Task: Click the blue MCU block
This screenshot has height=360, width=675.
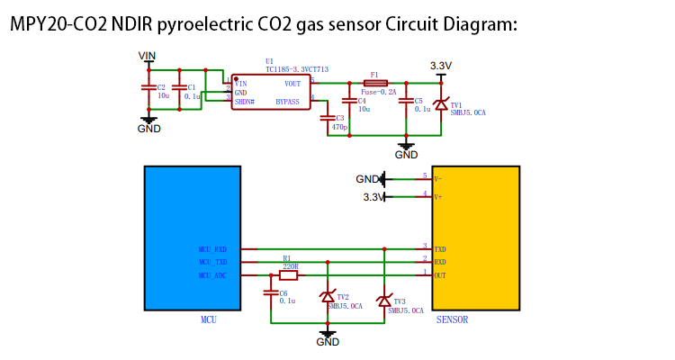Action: [x=193, y=238]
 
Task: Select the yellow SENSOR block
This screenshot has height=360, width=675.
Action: [x=476, y=238]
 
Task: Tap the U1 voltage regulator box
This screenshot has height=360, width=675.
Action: [x=271, y=92]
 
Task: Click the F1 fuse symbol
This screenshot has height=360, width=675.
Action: [x=374, y=83]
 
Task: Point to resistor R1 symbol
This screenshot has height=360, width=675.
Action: [x=288, y=275]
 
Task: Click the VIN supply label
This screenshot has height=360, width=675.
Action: [x=148, y=56]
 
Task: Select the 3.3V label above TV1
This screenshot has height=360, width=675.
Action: [x=441, y=66]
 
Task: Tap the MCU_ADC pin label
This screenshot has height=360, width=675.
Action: [x=212, y=275]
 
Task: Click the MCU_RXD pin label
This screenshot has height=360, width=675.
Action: [x=212, y=249]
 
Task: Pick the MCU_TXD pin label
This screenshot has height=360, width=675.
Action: [x=212, y=262]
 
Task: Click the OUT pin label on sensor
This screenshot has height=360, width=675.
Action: [x=440, y=275]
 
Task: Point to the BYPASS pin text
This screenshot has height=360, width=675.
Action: [x=287, y=103]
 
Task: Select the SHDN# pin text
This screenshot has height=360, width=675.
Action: [x=245, y=103]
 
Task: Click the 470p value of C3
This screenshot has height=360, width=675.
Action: [x=339, y=128]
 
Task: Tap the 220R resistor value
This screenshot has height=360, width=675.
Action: [x=291, y=266]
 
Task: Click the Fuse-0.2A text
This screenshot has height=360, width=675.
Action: [x=379, y=92]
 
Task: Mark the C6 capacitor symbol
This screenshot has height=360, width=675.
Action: [x=270, y=292]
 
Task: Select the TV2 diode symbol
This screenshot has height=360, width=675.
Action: [x=328, y=297]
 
